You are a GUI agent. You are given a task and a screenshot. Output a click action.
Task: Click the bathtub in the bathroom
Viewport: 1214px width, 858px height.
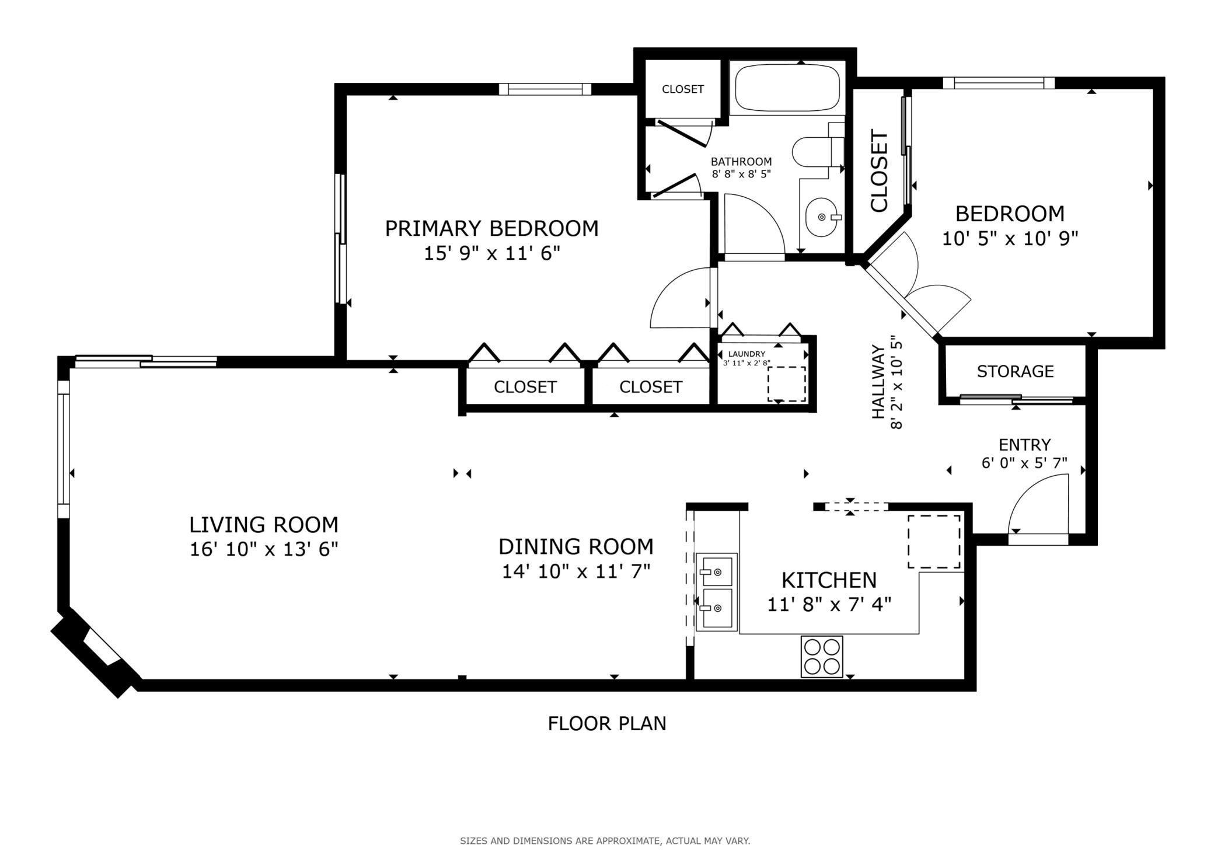click(787, 88)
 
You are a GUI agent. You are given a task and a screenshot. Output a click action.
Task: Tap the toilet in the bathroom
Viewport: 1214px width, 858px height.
click(818, 151)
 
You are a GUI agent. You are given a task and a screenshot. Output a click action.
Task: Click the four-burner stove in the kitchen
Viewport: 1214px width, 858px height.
click(822, 656)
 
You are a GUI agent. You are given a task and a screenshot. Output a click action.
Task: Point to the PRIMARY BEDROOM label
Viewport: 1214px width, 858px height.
click(491, 228)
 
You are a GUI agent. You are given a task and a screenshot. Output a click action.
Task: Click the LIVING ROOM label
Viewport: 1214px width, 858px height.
click(264, 525)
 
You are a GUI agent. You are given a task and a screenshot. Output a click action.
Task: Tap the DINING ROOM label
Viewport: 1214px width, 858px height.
click(575, 547)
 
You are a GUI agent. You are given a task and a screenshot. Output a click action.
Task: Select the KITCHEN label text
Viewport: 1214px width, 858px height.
click(829, 580)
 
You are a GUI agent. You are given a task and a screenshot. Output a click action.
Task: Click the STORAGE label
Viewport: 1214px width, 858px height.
click(1015, 371)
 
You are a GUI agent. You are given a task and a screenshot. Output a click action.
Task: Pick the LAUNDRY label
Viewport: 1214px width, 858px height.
click(746, 354)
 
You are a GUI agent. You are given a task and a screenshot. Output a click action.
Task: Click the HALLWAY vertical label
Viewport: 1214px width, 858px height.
click(878, 382)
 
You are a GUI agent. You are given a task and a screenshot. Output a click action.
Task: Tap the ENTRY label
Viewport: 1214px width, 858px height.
click(1024, 445)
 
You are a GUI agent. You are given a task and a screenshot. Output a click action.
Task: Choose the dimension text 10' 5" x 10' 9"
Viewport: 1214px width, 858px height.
click(1010, 238)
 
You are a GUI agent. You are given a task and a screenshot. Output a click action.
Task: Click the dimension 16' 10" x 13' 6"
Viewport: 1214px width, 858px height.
click(264, 549)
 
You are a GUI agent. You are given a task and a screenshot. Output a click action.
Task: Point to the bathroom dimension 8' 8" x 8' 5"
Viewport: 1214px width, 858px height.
click(741, 173)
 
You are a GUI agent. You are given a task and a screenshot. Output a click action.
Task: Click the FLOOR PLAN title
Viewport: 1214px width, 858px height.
click(607, 724)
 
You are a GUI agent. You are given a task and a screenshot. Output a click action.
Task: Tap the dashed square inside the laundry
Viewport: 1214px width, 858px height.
click(786, 384)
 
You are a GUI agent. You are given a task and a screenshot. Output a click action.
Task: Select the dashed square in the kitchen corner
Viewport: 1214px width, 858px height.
click(934, 541)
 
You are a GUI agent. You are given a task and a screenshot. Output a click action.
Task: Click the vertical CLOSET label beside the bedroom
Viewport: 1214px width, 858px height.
click(879, 170)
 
